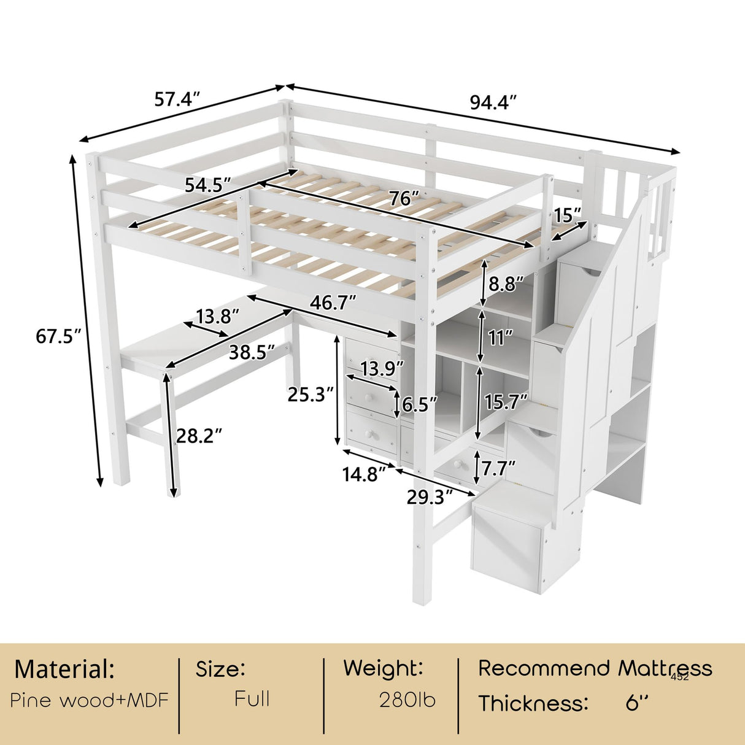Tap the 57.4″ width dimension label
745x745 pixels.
[x=177, y=99]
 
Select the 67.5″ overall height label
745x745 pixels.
[x=59, y=336]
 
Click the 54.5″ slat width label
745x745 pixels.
[x=208, y=185]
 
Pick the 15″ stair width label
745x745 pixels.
[x=567, y=215]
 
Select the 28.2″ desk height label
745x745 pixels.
[x=199, y=436]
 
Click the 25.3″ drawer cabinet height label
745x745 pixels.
[x=311, y=395]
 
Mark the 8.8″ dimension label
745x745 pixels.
[x=506, y=285]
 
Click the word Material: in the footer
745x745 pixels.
[x=64, y=669]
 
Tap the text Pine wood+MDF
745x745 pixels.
[x=89, y=700]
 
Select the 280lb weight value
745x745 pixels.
[x=407, y=700]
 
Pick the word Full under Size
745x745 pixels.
[x=252, y=699]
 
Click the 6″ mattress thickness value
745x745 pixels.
[x=637, y=703]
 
